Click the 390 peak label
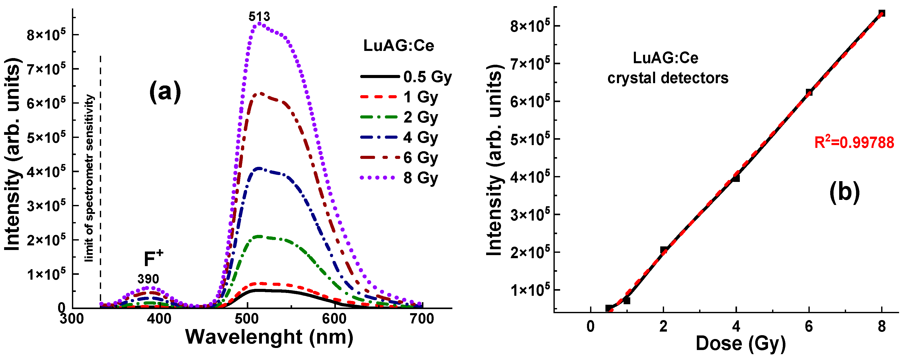148,279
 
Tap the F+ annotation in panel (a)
154,259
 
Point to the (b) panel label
844,192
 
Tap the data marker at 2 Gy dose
663,250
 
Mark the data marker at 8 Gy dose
882,13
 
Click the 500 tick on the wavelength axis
248,319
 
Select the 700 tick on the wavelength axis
422,319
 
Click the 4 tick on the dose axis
736,326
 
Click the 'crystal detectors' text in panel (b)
668,78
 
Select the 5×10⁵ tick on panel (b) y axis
530,139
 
